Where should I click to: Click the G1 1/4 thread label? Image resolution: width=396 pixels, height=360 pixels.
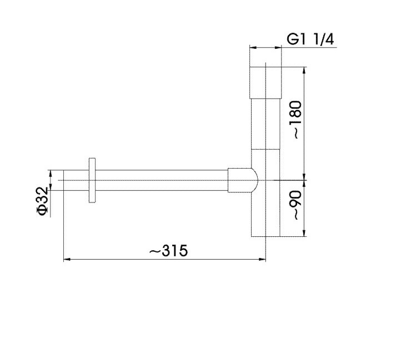(x=310, y=39)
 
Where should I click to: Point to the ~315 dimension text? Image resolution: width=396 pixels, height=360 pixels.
(x=168, y=251)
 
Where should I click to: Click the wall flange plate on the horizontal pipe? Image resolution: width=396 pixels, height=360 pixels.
(x=92, y=180)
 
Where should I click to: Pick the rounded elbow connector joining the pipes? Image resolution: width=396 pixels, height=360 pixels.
(x=243, y=180)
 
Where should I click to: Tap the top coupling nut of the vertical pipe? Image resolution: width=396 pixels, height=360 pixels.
(x=265, y=83)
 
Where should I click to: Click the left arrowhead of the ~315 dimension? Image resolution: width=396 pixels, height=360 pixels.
(x=67, y=259)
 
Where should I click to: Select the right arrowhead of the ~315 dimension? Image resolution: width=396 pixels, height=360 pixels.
(x=263, y=259)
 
